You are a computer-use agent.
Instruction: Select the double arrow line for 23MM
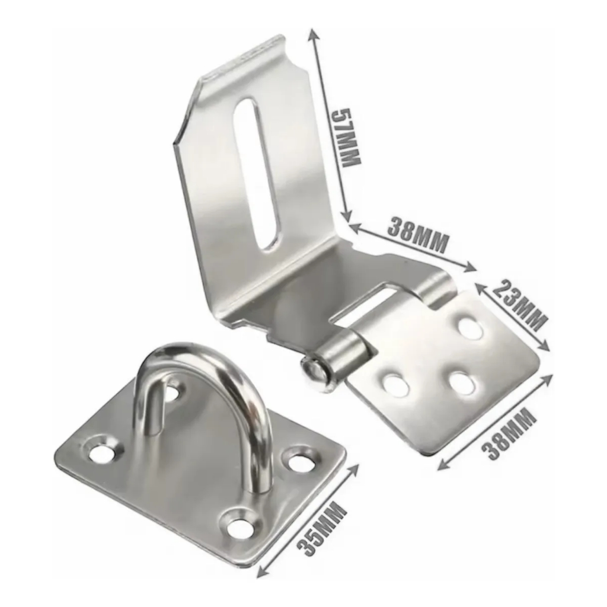[x=513, y=317]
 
